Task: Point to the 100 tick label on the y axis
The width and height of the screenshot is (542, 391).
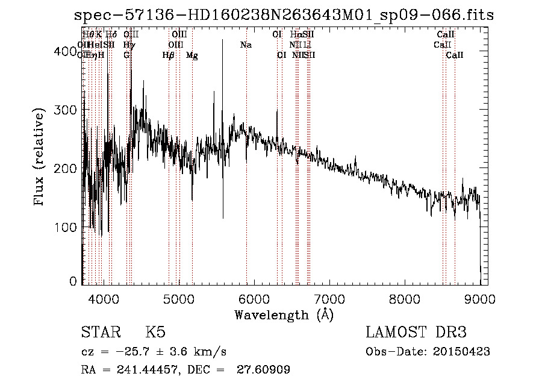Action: [x=67, y=227]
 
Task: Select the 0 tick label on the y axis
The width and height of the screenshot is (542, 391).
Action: [x=73, y=281]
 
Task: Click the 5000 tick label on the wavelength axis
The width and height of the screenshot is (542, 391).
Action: [x=178, y=299]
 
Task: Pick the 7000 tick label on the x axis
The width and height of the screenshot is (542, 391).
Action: [x=329, y=299]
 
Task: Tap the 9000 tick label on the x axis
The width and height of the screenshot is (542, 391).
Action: [x=479, y=299]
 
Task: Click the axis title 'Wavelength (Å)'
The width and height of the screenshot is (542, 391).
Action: [x=284, y=314]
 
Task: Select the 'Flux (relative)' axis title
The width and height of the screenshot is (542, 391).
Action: [x=40, y=158]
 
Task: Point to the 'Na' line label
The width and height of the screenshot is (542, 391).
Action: [x=246, y=45]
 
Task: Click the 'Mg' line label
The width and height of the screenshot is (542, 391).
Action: [x=192, y=55]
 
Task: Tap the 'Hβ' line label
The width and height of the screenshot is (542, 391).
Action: [x=169, y=55]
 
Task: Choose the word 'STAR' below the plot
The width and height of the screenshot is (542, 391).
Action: [x=100, y=333]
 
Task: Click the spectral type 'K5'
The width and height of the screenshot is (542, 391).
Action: [x=155, y=333]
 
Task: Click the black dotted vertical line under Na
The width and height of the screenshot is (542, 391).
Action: [x=246, y=181]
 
